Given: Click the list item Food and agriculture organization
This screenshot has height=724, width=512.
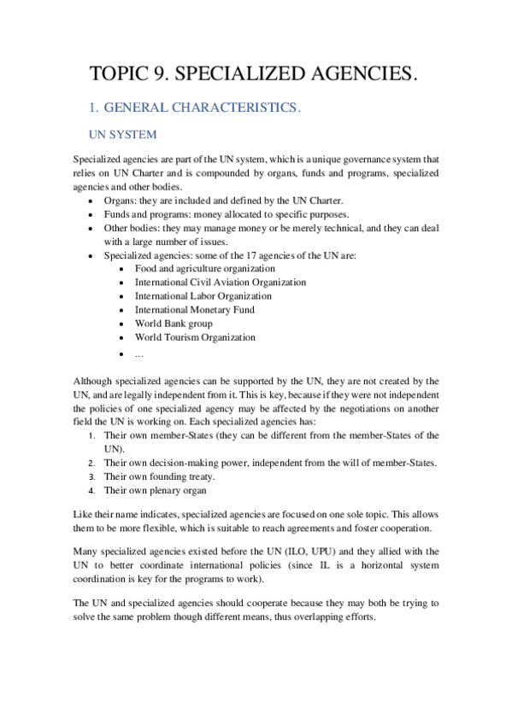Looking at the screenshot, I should [x=205, y=268].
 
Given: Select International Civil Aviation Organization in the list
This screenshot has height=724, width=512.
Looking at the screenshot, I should [x=221, y=282].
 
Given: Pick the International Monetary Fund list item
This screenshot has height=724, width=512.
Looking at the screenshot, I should [x=195, y=310].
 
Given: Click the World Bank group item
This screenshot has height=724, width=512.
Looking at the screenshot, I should [x=174, y=324].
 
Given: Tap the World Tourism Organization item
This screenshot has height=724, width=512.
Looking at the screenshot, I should [x=195, y=337].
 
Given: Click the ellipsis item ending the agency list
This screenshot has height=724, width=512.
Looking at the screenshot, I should [x=138, y=353].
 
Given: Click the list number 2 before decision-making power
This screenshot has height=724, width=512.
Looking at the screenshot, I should [x=92, y=463].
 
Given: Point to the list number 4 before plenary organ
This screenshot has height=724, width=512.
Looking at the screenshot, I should [x=92, y=491].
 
